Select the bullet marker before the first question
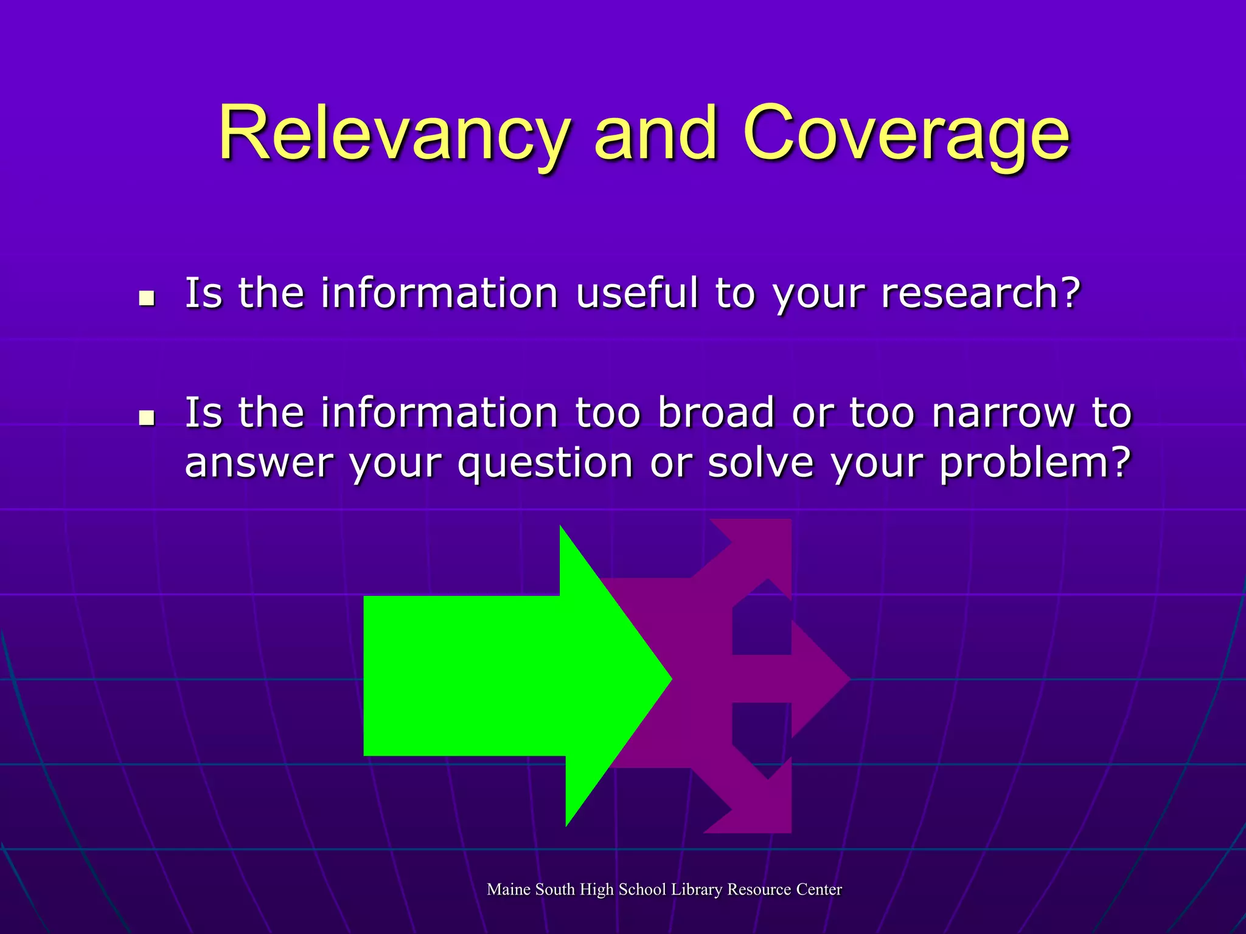pos(146,298)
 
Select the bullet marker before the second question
pos(146,418)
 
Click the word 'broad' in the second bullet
pos(716,413)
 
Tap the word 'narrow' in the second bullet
pos(1003,413)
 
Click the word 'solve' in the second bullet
pos(760,463)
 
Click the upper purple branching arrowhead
pos(760,547)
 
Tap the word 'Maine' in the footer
pos(509,890)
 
